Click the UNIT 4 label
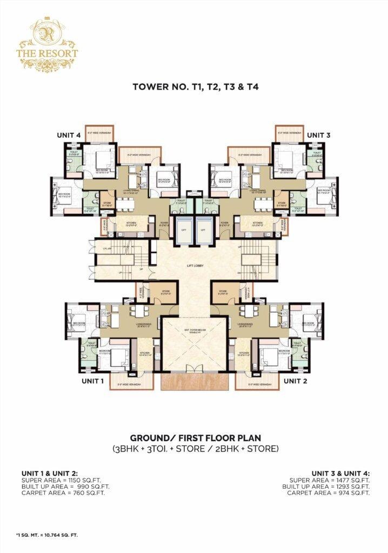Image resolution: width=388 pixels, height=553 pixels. [71, 135]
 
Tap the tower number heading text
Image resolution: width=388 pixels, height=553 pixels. [194, 86]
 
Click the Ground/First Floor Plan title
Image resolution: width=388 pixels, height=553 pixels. [194, 437]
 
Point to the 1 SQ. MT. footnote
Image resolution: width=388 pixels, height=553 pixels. [47, 535]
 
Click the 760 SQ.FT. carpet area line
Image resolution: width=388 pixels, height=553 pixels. [63, 493]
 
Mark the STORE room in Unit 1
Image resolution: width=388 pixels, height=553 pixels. [166, 294]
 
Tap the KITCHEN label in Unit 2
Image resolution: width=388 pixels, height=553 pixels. [244, 354]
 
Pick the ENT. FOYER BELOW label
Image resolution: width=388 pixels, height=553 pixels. [194, 332]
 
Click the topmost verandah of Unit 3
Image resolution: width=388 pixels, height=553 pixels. [290, 133]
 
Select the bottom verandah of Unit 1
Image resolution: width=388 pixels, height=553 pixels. [129, 385]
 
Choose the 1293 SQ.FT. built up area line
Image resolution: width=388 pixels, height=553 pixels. [326, 487]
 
